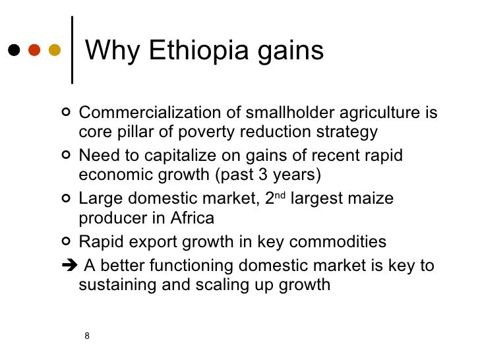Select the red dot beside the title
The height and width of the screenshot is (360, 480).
coord(34,51)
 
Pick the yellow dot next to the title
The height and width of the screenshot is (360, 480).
coord(55,51)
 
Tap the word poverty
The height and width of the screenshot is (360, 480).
coord(195,133)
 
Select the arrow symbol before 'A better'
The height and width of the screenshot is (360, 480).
coord(68,266)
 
